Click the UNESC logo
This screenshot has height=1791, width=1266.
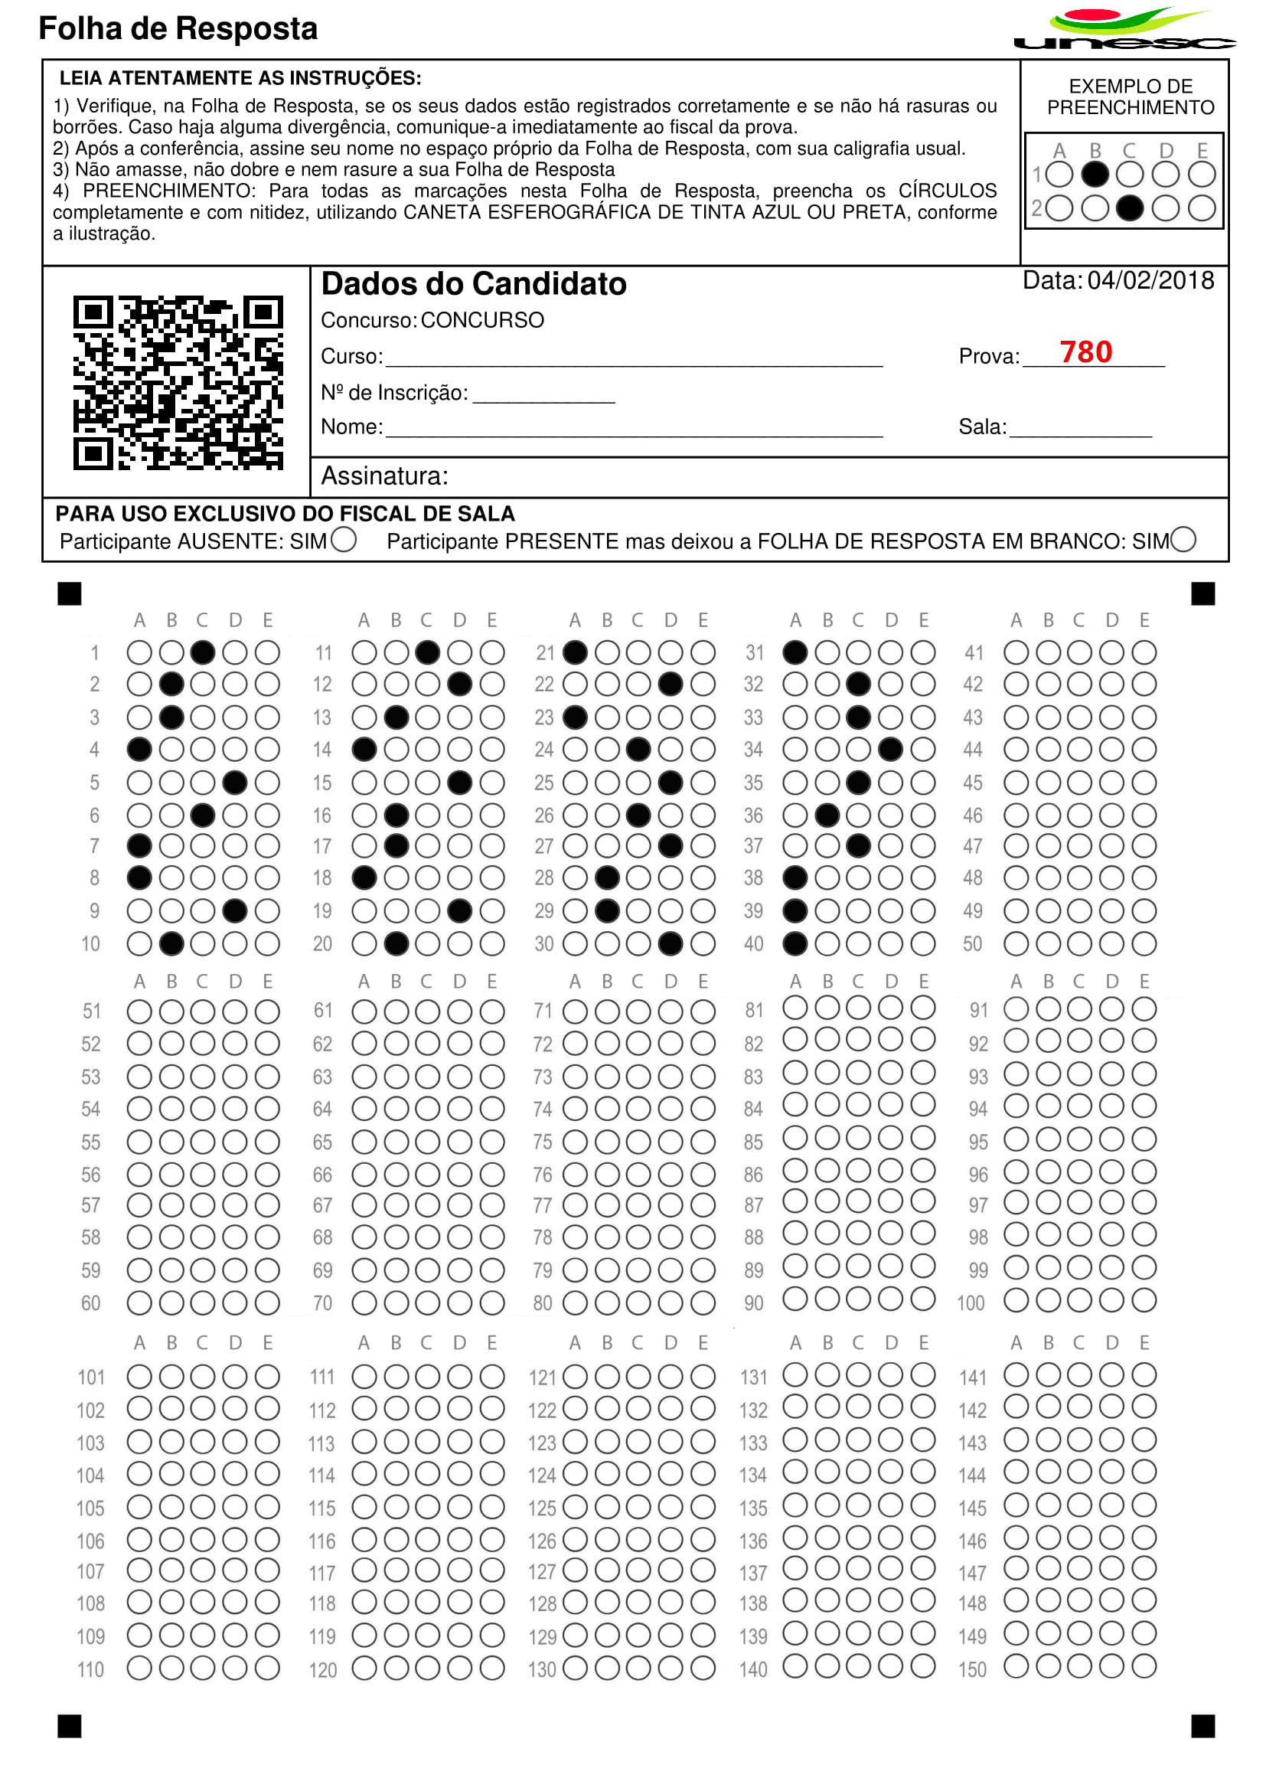click(1124, 30)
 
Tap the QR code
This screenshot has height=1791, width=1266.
click(178, 382)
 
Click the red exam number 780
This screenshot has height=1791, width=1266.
click(1085, 351)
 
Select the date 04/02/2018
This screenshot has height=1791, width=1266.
click(1150, 281)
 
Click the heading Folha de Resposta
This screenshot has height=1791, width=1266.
click(178, 29)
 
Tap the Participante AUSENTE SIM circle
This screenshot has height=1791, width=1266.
click(343, 540)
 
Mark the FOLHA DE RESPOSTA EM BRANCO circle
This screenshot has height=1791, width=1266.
click(1183, 540)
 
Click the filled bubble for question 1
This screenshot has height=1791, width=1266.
click(203, 652)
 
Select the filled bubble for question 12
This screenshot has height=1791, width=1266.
click(460, 684)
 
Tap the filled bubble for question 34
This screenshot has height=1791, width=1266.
click(890, 750)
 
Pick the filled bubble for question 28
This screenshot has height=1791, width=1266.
click(607, 878)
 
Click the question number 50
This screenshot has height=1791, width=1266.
click(972, 944)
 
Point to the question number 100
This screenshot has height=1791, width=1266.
click(971, 1302)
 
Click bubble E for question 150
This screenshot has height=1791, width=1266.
click(1144, 1667)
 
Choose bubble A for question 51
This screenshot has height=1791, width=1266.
click(139, 1012)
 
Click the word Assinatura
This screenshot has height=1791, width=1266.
click(384, 476)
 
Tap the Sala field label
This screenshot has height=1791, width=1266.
click(982, 427)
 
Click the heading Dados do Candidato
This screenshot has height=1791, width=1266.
click(473, 284)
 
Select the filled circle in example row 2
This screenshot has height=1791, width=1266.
click(1130, 208)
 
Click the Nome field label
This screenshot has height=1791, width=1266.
click(351, 427)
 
